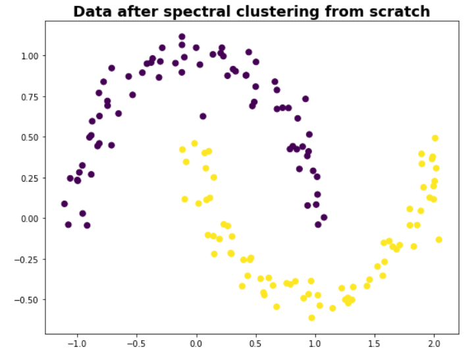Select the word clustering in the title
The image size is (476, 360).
[x=279, y=11]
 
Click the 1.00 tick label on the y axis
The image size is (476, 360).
[x=30, y=56]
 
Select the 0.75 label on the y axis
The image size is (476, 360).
[x=30, y=97]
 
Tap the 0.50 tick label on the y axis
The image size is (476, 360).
[x=30, y=137]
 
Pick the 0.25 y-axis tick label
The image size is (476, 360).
[x=30, y=178]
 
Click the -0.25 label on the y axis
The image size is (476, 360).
[x=28, y=259]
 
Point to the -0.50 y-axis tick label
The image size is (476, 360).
[x=28, y=299]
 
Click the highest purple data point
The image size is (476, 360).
[x=182, y=37]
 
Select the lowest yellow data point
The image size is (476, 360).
[x=311, y=318]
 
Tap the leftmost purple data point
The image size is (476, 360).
[x=65, y=204]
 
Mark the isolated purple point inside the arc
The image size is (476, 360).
[x=203, y=116]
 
